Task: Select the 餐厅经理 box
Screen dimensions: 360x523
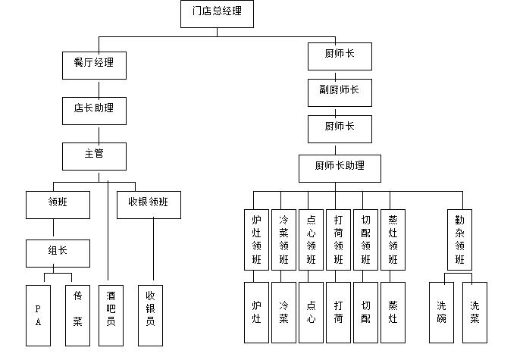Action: pos(94,64)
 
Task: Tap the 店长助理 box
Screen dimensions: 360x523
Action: pos(94,109)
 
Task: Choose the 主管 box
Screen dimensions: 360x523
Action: pos(94,155)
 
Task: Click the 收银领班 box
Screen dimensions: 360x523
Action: pos(149,203)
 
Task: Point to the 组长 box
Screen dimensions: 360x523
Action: pos(58,250)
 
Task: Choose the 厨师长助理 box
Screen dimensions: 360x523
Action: pos(340,167)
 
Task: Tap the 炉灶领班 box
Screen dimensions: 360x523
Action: pos(256,239)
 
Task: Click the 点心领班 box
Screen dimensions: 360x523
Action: pos(311,239)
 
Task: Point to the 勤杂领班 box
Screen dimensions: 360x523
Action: pos(459,239)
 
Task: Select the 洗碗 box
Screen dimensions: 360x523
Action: pos(441,312)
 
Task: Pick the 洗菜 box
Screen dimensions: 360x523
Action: pos(474,312)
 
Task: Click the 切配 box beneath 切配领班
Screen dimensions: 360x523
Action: pos(366,312)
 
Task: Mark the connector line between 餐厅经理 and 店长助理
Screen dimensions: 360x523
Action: pos(94,86)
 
